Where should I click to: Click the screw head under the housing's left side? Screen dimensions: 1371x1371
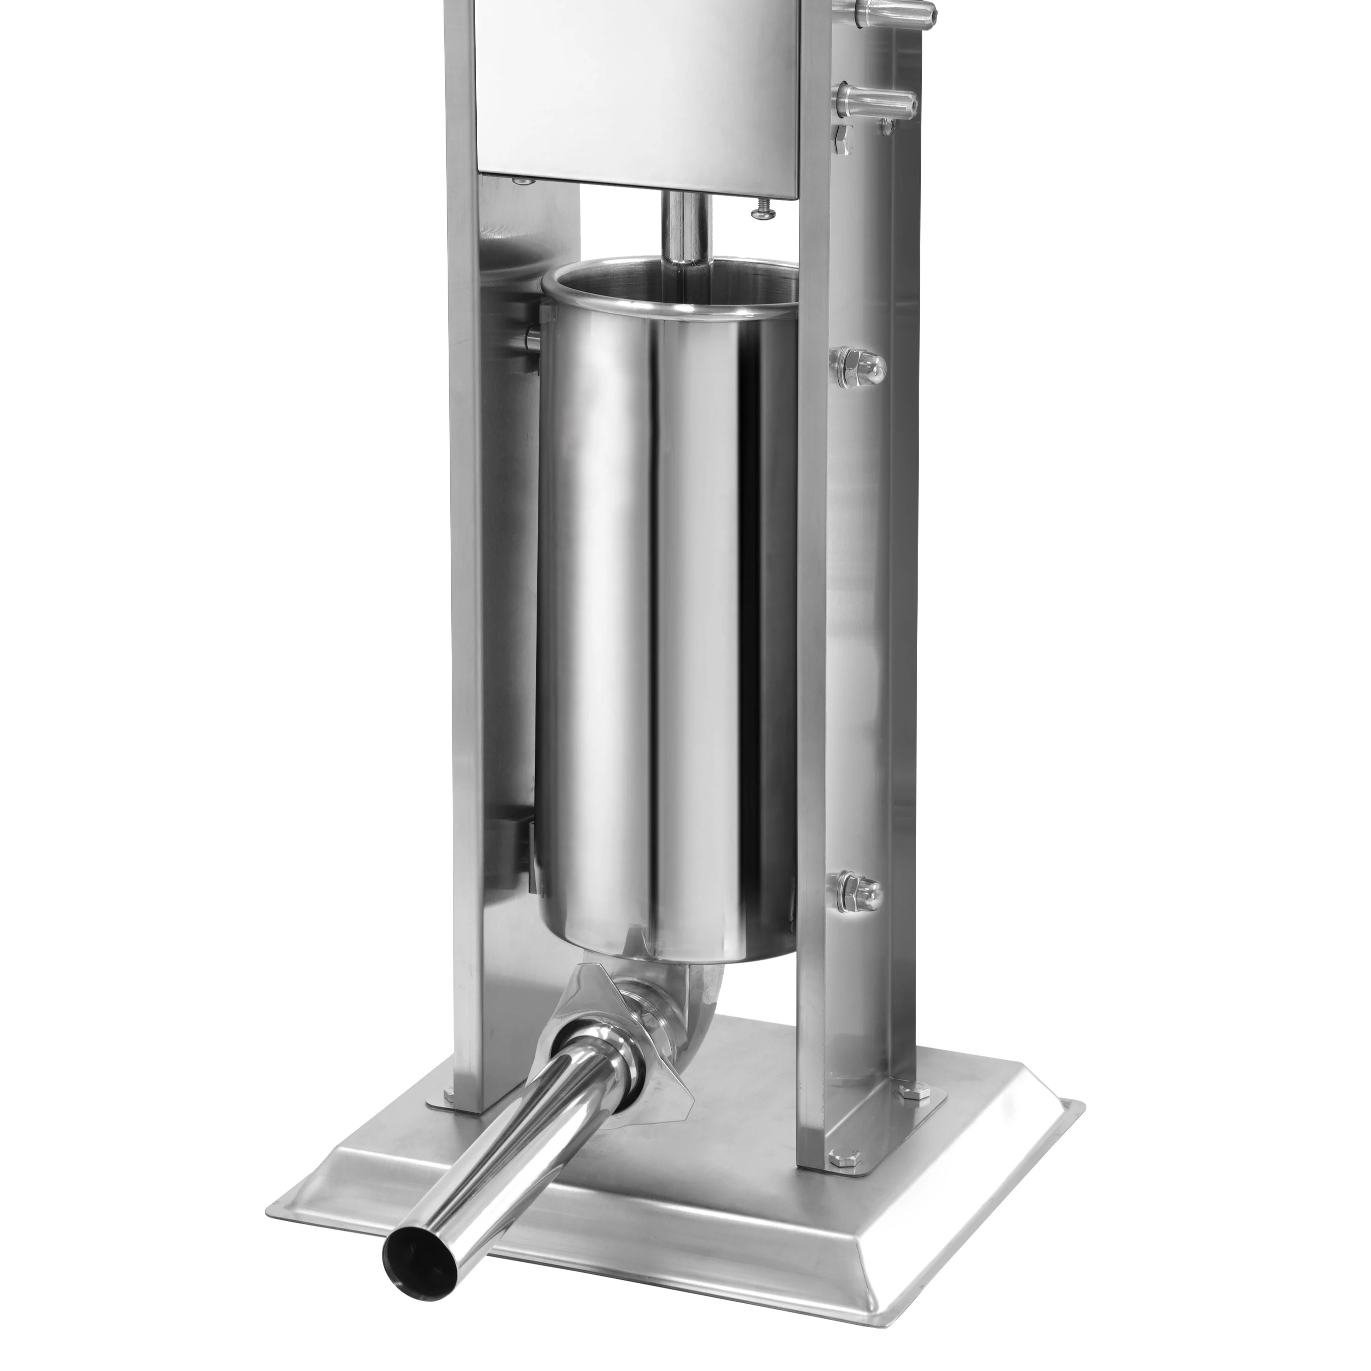524,182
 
